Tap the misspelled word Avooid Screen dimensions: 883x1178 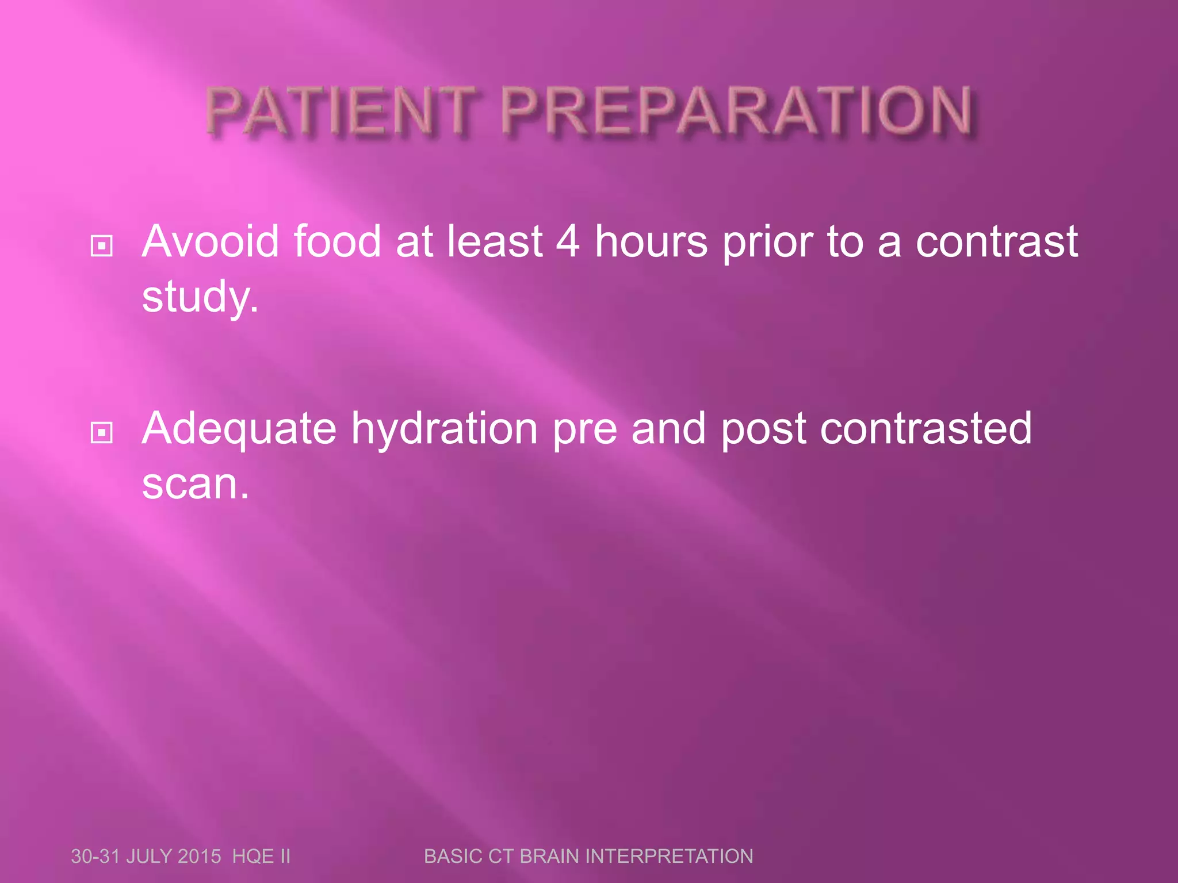211,241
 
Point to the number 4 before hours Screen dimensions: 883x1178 568,241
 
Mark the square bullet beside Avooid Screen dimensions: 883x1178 102,246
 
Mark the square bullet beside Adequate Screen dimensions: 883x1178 102,432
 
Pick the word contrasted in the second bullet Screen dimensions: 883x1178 926,428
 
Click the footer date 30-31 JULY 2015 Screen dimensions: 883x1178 146,856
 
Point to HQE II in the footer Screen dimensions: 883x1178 262,856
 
